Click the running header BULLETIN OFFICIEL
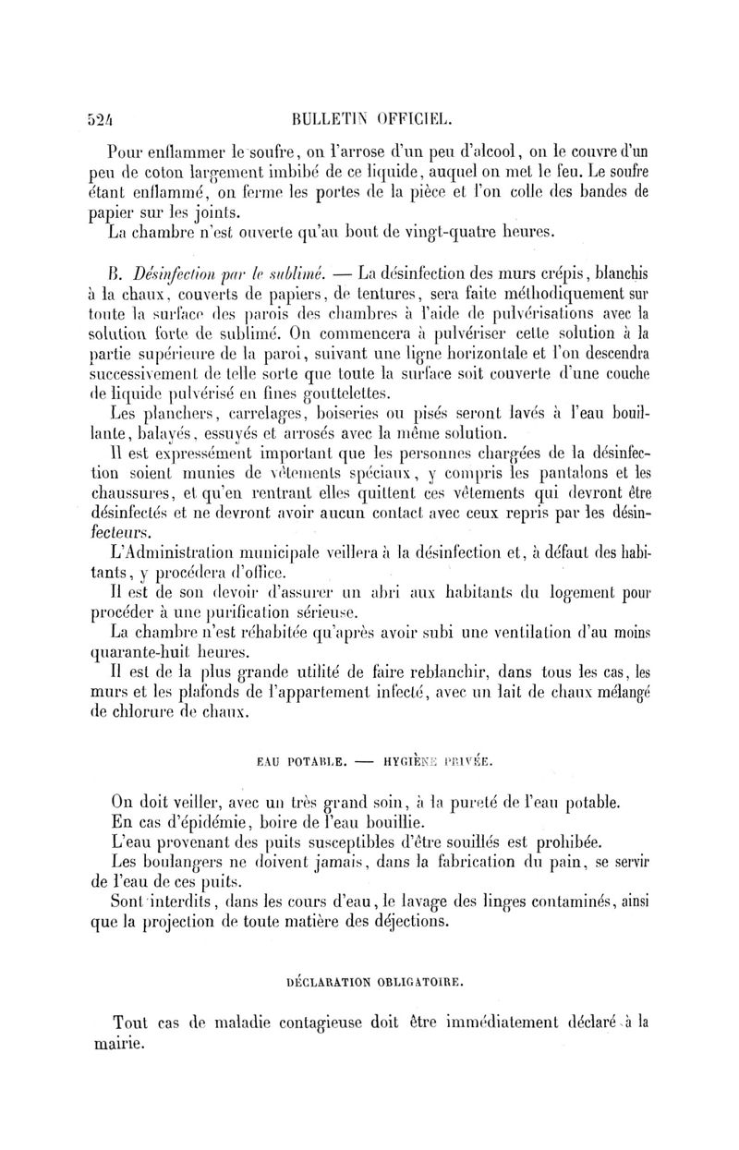click(369, 117)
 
